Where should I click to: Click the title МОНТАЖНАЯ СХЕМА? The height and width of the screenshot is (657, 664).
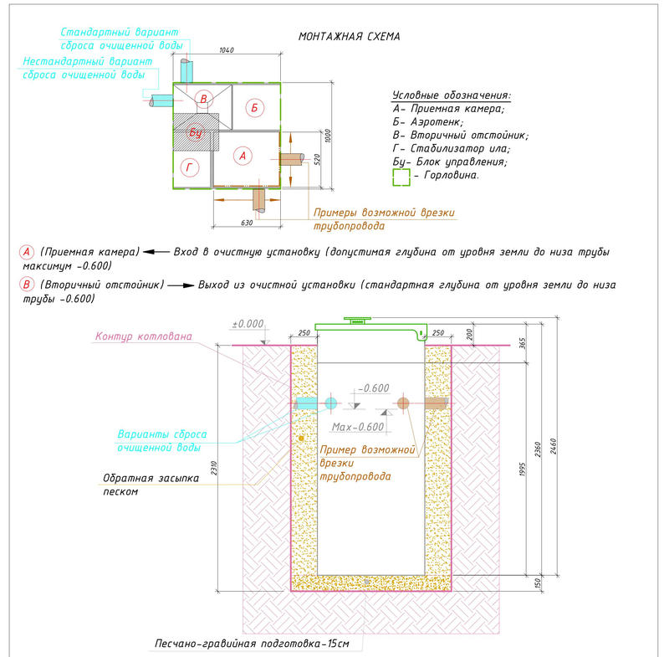[x=349, y=37]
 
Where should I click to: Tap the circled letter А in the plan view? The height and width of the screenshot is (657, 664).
[x=243, y=156]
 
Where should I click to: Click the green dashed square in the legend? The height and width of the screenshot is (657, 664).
[x=401, y=177]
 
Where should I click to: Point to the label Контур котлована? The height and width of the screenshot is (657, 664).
[x=144, y=336]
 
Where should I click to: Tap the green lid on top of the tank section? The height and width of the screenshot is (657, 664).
[x=368, y=329]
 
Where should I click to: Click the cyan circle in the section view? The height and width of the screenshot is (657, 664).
[x=330, y=403]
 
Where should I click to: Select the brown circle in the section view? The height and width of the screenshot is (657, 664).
[x=402, y=403]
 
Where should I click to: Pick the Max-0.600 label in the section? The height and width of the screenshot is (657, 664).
[x=358, y=427]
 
